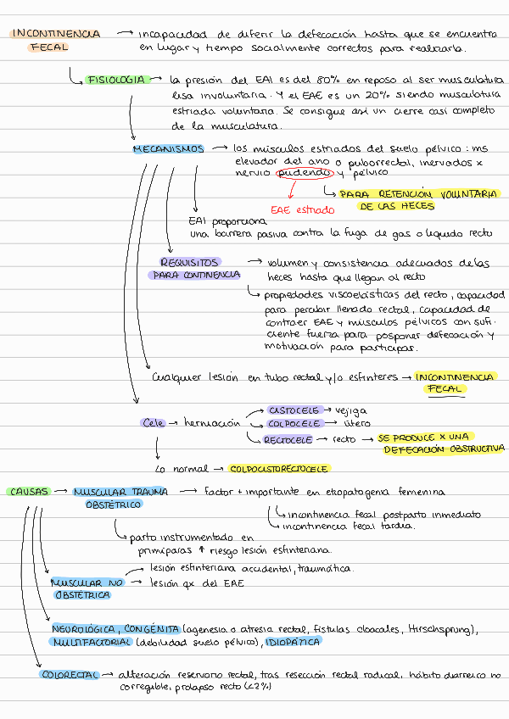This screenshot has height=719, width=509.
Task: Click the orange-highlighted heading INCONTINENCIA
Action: (56, 34)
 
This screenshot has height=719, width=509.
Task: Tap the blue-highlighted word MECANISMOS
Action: (168, 148)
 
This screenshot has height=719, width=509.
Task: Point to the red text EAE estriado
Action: (302, 209)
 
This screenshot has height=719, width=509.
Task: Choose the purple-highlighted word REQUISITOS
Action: (191, 262)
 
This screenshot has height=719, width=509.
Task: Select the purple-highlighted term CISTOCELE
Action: (294, 410)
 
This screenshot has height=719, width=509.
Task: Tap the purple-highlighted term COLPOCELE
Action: (294, 422)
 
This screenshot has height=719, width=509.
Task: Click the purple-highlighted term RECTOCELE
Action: (288, 439)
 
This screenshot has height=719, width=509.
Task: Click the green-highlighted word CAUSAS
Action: (28, 491)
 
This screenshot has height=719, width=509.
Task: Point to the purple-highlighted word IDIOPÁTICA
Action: (293, 643)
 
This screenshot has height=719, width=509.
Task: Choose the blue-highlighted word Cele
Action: (154, 422)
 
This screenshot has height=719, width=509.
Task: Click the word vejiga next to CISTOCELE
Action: (352, 410)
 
